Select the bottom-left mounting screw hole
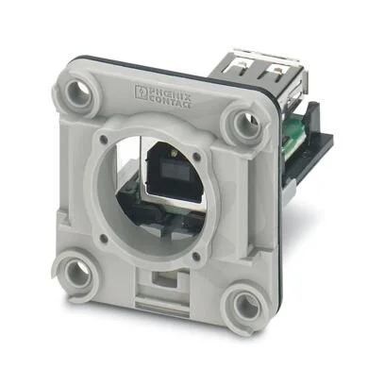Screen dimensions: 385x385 (77, 273)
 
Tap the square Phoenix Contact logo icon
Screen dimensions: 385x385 (141, 92)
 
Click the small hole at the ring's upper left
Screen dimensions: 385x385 (103, 139)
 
